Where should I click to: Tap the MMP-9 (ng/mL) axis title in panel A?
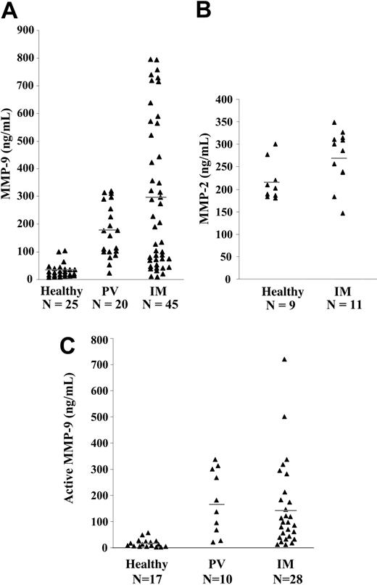click(8, 155)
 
